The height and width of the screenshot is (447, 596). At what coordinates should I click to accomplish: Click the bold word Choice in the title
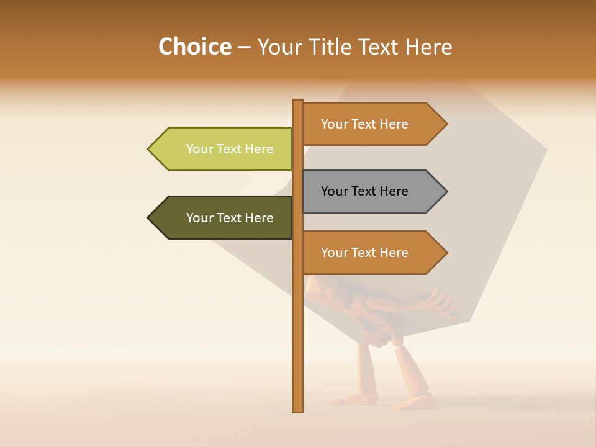point(194,47)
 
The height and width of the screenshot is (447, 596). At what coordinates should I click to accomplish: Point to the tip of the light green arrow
point(149,149)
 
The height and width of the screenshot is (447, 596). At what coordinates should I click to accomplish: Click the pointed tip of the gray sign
point(446,191)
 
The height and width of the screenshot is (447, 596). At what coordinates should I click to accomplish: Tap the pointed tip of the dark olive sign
point(149,218)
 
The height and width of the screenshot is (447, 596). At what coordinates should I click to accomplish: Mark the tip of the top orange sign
point(446,124)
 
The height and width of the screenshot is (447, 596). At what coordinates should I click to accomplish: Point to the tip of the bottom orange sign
point(446,253)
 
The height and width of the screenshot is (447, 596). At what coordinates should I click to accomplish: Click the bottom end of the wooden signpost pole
point(298,410)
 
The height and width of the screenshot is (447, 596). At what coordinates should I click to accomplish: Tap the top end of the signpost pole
point(298,101)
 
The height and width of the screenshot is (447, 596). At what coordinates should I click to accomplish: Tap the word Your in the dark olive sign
point(199,218)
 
